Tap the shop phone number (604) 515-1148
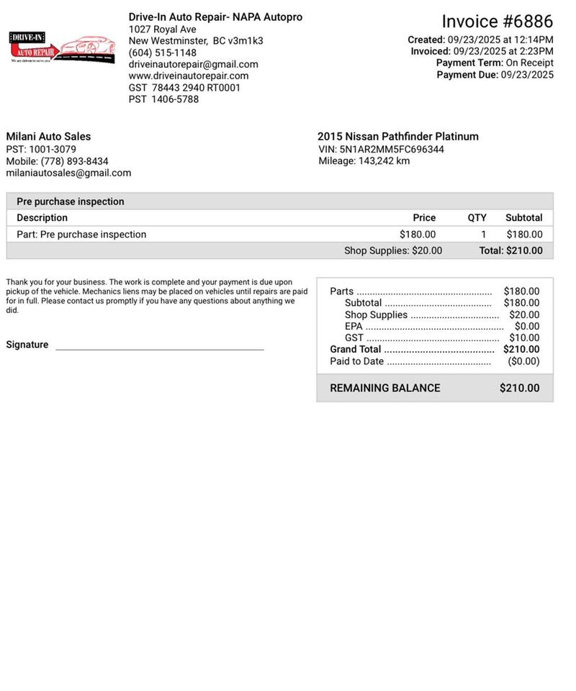click(x=163, y=53)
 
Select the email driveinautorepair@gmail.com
click(x=194, y=64)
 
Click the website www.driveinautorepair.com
click(x=189, y=76)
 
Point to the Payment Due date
click(x=527, y=74)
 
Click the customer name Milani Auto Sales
click(x=48, y=136)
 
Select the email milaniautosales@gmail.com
click(x=68, y=173)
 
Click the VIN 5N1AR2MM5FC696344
click(x=392, y=150)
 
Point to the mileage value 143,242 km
click(x=384, y=161)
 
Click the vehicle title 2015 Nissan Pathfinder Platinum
click(x=398, y=136)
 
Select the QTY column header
click(x=477, y=217)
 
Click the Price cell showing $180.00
click(x=418, y=234)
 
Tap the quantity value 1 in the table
click(x=484, y=234)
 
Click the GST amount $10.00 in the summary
click(x=524, y=338)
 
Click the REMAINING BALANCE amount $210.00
click(x=519, y=388)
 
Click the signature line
click(x=160, y=348)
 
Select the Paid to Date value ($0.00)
click(x=523, y=361)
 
